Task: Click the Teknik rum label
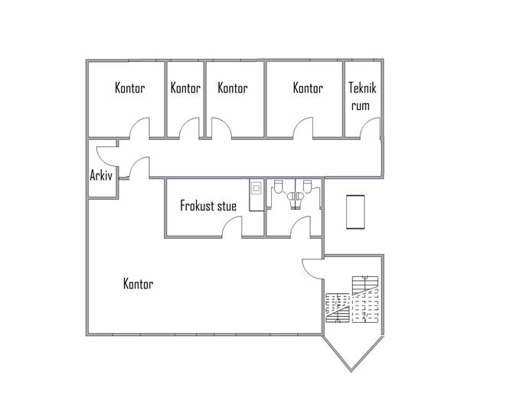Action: click(x=362, y=96)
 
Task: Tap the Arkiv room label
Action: click(x=101, y=175)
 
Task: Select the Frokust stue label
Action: click(x=208, y=206)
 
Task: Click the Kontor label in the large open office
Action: click(x=139, y=284)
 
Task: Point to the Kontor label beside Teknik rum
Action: click(x=308, y=88)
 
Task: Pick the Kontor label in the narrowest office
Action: click(x=185, y=88)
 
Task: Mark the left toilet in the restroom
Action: click(x=278, y=187)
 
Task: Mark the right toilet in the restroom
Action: click(x=307, y=187)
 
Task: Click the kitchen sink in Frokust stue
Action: click(x=256, y=187)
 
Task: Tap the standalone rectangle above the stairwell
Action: click(x=355, y=212)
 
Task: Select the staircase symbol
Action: click(x=352, y=299)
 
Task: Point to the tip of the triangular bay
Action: click(x=351, y=371)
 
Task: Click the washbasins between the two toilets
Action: click(x=296, y=197)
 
